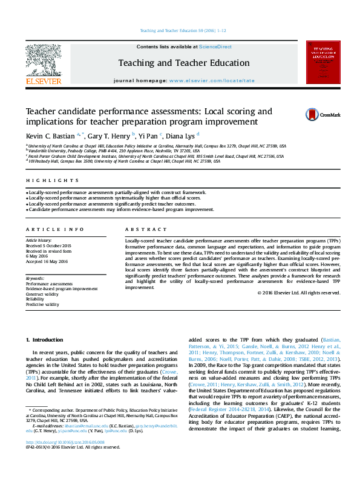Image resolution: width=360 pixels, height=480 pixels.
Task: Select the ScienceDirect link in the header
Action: pos(215,47)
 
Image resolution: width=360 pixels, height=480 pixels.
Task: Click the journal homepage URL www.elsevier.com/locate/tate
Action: pos(212,80)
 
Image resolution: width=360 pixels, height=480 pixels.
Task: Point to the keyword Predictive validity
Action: pos(42,304)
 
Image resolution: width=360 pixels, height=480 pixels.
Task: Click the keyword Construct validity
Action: pos(42,294)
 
